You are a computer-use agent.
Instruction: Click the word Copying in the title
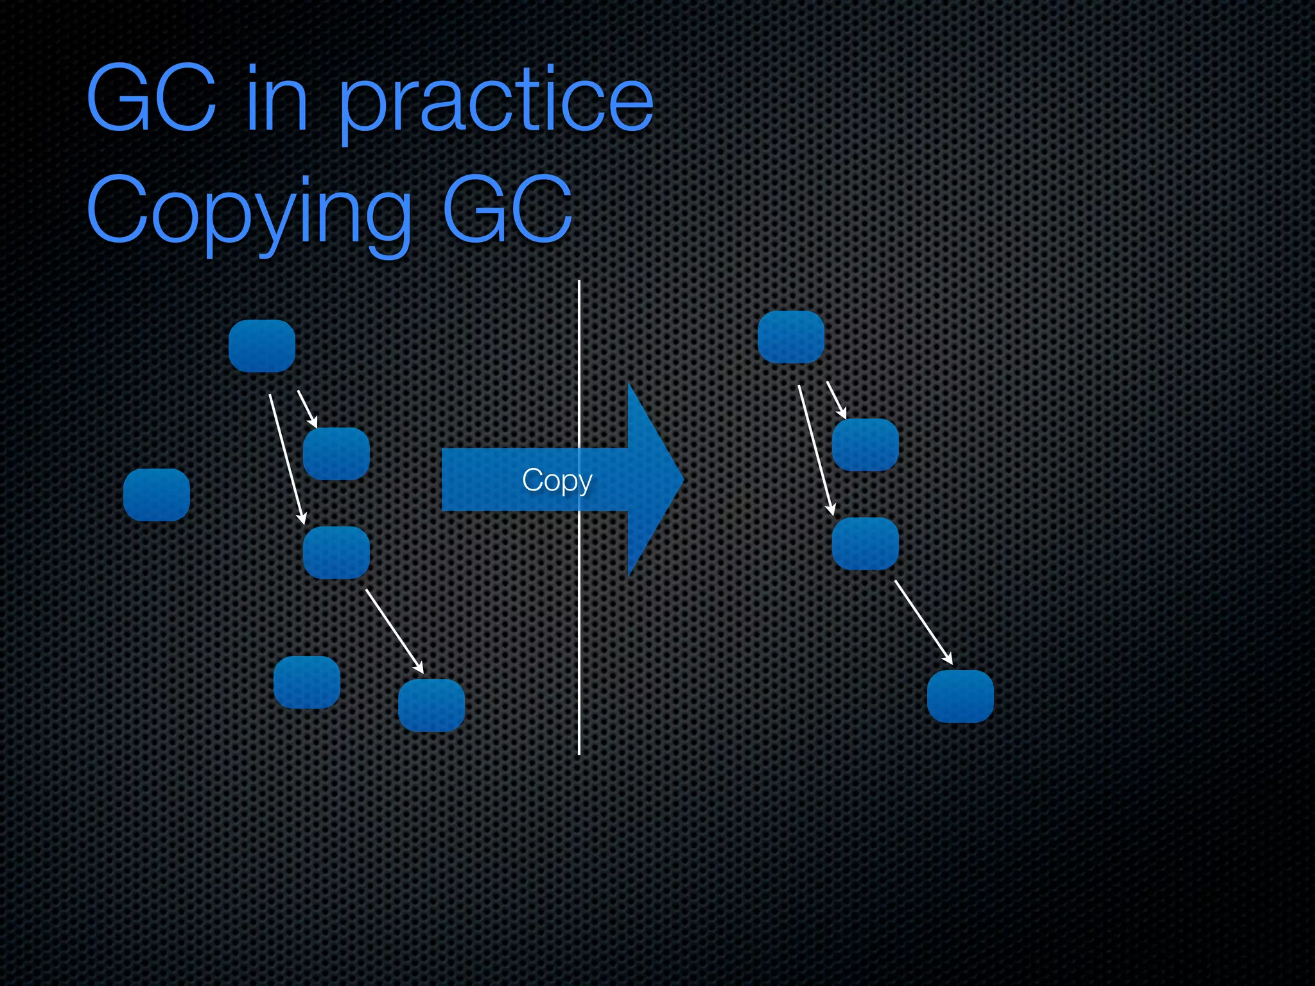[248, 212]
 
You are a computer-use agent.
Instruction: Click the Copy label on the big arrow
[557, 480]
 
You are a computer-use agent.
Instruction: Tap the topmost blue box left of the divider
[262, 346]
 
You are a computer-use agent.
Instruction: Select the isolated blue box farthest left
[157, 495]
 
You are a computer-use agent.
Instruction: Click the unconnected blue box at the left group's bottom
[307, 682]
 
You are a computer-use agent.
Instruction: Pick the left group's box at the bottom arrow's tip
[431, 705]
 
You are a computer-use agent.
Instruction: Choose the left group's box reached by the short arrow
[336, 454]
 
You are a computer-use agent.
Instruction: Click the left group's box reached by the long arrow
[336, 553]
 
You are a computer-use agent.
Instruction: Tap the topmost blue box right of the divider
[791, 337]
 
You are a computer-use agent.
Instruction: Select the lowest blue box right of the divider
[961, 696]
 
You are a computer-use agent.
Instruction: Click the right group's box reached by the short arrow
[866, 445]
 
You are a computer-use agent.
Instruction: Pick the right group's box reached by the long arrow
[866, 544]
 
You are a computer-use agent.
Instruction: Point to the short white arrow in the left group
[308, 409]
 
